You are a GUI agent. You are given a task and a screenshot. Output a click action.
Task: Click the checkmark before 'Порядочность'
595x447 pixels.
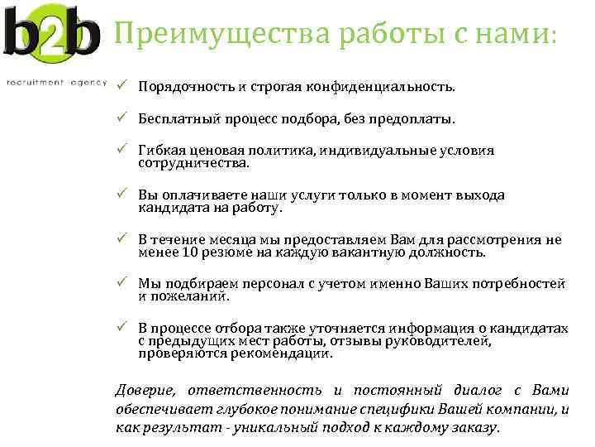[x=120, y=85]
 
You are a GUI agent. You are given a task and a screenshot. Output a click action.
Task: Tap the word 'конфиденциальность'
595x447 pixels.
[x=388, y=86]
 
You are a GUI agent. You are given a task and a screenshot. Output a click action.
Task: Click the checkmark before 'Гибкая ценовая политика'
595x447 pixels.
[x=120, y=150]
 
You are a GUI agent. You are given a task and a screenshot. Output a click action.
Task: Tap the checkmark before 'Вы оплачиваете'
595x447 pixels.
[x=120, y=195]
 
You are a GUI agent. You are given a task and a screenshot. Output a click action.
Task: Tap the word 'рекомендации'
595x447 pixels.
[x=283, y=353]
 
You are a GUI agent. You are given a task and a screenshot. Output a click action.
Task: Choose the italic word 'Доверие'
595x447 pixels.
[x=145, y=391]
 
